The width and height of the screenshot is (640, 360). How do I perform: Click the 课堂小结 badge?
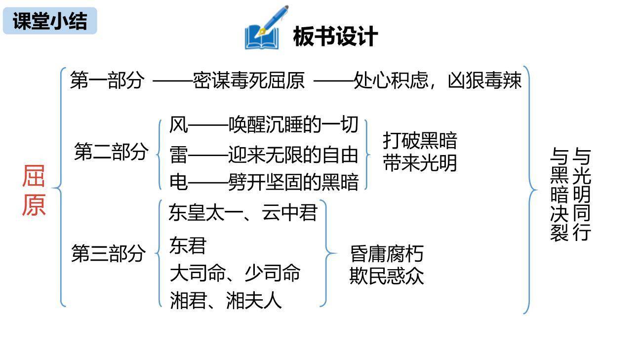point(50,21)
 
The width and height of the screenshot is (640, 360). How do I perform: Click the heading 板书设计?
point(335,37)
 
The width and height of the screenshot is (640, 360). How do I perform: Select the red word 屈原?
point(34,191)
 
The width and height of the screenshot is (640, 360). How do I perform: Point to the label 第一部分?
point(107,80)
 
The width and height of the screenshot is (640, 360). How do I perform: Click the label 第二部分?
point(111,152)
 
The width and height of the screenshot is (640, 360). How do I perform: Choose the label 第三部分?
point(109,254)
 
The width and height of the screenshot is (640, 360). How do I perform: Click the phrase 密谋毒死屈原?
point(248,80)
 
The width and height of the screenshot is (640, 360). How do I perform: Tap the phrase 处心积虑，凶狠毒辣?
point(438,80)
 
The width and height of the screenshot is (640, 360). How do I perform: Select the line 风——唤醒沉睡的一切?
point(263,125)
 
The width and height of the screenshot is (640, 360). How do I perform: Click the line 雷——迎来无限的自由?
point(263,155)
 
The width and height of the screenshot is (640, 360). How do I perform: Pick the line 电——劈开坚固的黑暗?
point(263,182)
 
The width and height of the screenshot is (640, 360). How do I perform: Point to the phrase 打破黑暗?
point(420,141)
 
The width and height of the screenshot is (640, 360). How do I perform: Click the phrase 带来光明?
point(420,163)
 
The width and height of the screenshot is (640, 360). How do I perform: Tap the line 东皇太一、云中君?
point(242,213)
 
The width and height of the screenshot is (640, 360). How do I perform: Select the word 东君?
point(187,245)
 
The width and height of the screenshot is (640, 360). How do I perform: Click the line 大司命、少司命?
point(235,273)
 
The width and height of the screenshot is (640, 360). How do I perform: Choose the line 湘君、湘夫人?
point(225,300)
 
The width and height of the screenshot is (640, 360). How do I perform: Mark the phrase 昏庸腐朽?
point(387,254)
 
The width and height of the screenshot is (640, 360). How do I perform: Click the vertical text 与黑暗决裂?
point(559,195)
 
